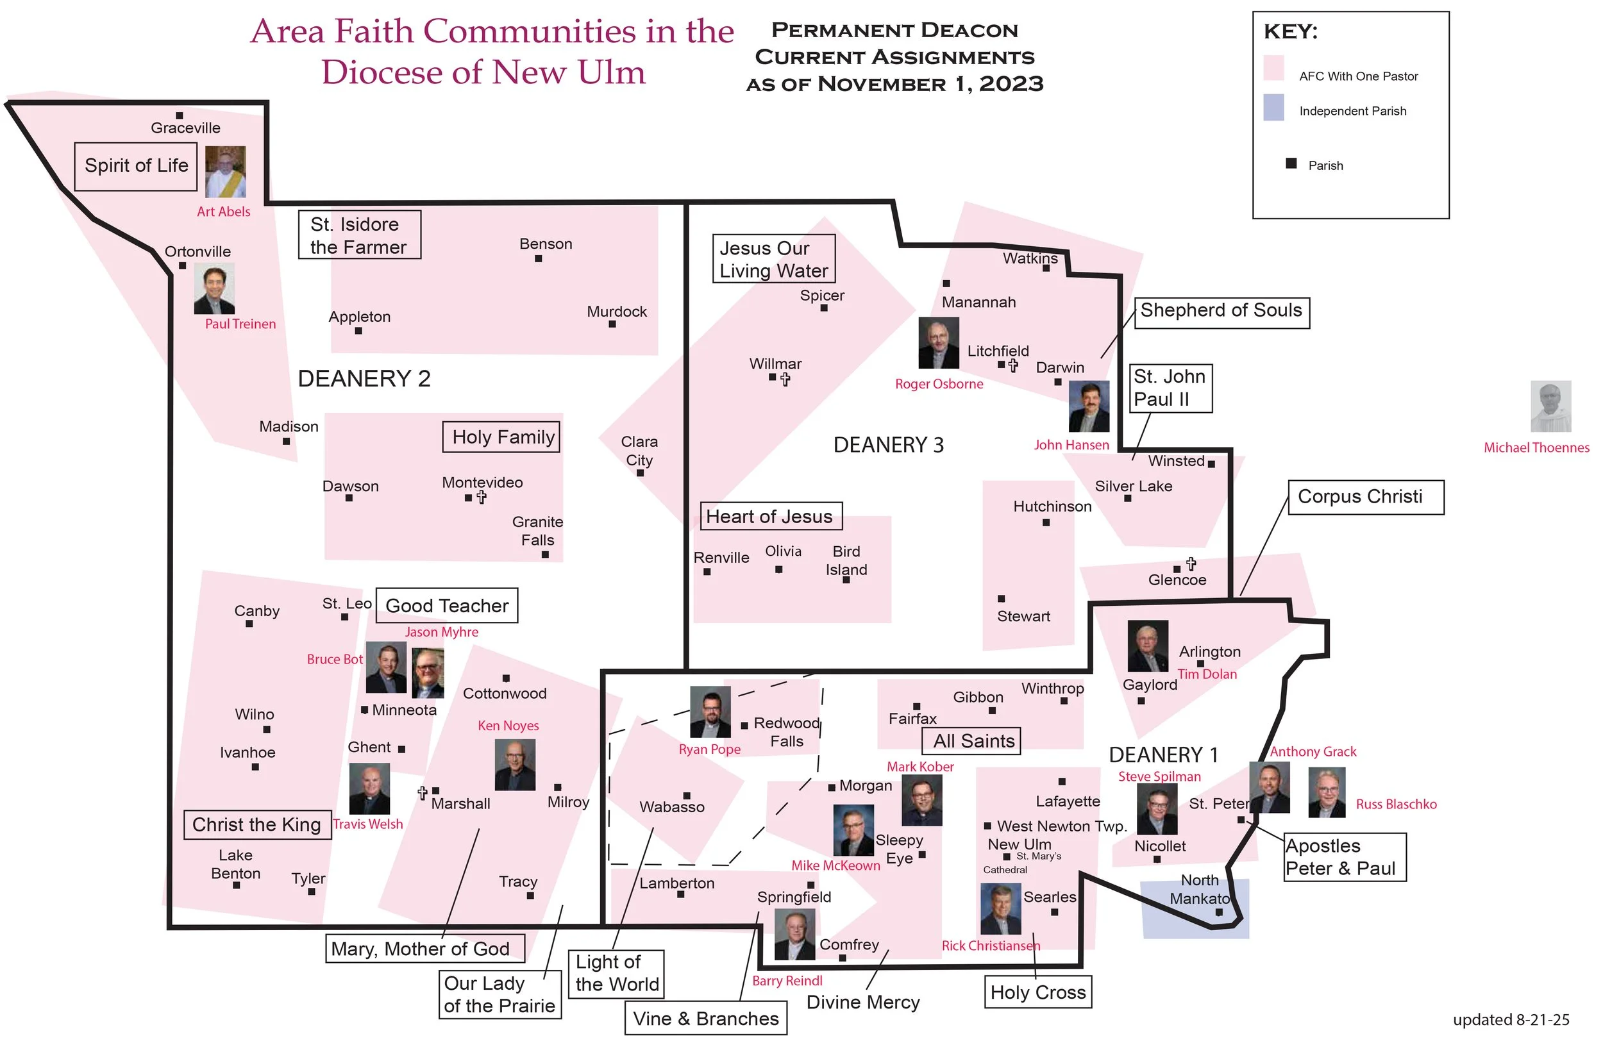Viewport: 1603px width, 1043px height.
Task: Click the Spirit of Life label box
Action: [x=135, y=166]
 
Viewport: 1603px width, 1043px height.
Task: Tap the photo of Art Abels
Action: [x=225, y=172]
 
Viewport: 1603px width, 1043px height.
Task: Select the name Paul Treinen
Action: [x=240, y=324]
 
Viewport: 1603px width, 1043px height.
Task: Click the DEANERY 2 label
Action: [x=364, y=379]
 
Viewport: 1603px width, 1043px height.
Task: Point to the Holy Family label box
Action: [x=501, y=437]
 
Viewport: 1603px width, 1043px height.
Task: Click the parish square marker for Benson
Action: [x=538, y=258]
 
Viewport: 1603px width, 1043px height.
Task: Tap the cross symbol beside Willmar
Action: [x=785, y=379]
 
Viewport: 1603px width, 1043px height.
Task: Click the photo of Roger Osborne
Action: [x=938, y=344]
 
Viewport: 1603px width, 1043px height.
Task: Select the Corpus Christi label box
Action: [x=1365, y=497]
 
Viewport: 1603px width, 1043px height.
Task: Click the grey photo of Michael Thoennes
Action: [x=1550, y=406]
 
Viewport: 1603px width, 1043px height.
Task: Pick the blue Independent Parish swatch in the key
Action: [x=1273, y=108]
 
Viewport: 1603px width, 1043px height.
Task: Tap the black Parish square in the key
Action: [x=1291, y=163]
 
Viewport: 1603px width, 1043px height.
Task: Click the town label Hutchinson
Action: [x=1052, y=506]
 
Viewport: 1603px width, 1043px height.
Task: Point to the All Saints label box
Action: [x=971, y=740]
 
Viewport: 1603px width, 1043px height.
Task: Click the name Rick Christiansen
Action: [x=990, y=946]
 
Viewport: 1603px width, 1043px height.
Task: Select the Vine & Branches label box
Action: [x=705, y=1018]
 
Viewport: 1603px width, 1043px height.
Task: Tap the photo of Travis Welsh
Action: [x=369, y=789]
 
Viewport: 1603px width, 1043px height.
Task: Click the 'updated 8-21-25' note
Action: [x=1511, y=1019]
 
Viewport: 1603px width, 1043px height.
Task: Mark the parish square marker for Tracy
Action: [x=531, y=896]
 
